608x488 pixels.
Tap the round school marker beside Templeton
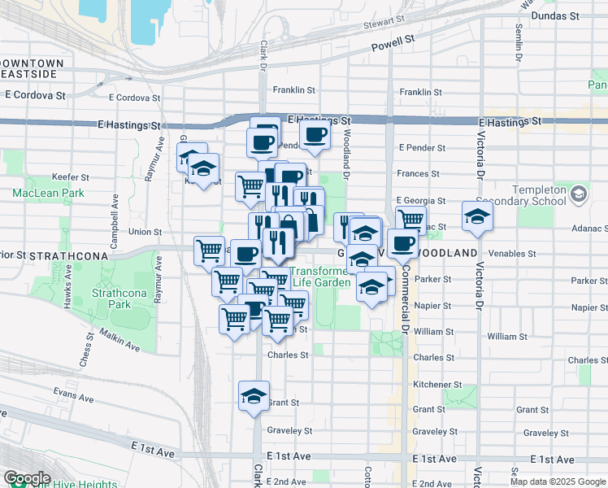[x=578, y=195]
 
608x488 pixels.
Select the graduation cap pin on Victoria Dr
[x=476, y=216]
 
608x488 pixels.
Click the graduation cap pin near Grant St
[x=254, y=396]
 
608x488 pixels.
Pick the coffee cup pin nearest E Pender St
[x=315, y=134]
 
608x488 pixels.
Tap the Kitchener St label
[x=437, y=384]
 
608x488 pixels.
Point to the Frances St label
[x=419, y=173]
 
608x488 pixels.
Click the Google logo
[x=27, y=478]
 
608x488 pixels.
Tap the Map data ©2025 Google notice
[x=558, y=481]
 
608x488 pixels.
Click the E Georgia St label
[x=421, y=200]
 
